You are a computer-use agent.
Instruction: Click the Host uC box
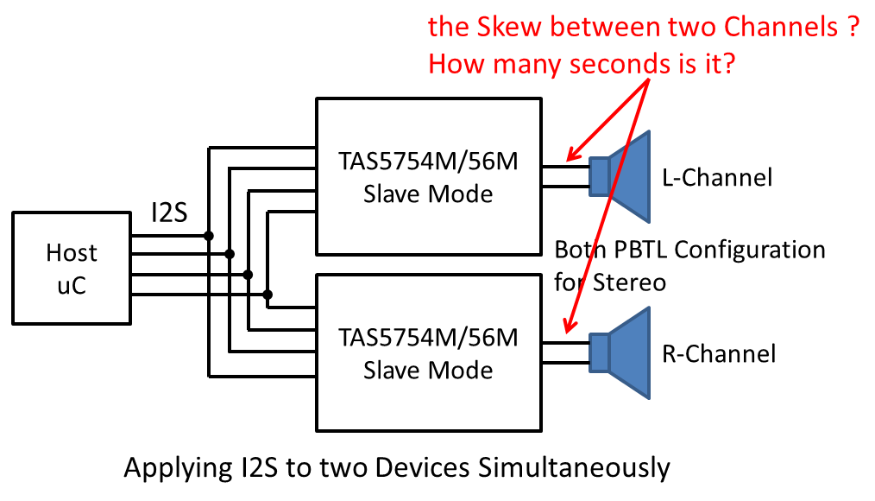(x=72, y=268)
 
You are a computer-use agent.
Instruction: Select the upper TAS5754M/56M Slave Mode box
(x=428, y=176)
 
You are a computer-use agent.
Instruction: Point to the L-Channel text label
(x=717, y=178)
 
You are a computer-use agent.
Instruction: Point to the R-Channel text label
(x=719, y=353)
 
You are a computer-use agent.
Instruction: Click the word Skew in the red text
(x=507, y=28)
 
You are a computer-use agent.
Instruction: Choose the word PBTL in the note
(x=638, y=250)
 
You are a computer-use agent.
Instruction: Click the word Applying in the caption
(x=173, y=468)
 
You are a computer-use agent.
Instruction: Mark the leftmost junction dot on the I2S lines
(x=209, y=235)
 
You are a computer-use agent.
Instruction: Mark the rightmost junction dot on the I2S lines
(x=268, y=295)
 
